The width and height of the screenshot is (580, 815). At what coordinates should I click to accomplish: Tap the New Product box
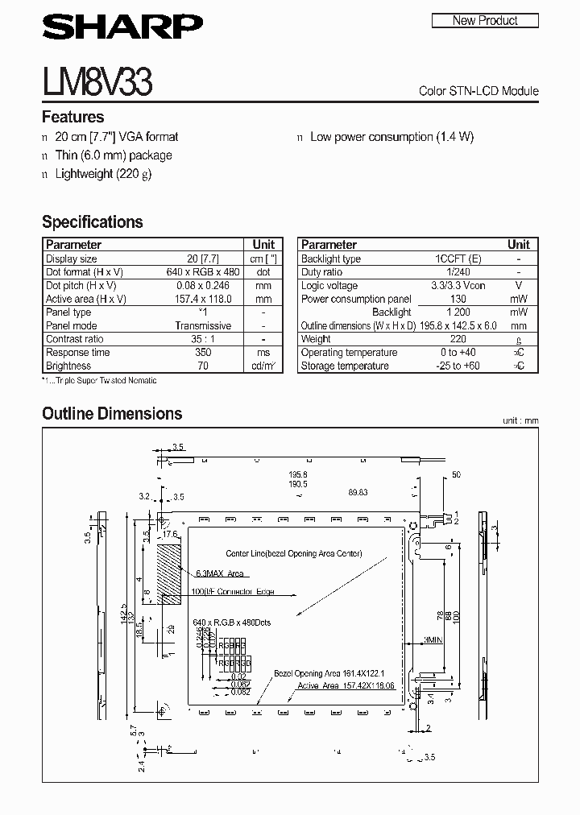tap(485, 20)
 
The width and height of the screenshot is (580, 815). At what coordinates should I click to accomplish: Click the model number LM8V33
tap(97, 81)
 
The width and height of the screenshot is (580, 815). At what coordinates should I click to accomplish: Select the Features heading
tap(72, 117)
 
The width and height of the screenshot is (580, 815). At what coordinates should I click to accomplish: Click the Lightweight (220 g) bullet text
tap(103, 174)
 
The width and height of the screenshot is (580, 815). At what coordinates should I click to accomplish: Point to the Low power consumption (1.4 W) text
tap(391, 137)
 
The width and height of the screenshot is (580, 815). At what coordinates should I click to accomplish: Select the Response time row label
tap(77, 353)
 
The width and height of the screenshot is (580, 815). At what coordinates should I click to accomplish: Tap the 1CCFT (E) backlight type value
tap(458, 259)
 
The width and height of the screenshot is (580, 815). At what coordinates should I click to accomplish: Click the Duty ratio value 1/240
tap(458, 272)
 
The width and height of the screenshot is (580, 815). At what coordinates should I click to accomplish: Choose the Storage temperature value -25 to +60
tap(458, 366)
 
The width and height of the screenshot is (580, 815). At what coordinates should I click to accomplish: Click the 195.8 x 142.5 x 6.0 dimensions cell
tap(458, 325)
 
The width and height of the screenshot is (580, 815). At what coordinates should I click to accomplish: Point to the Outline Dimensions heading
tap(112, 414)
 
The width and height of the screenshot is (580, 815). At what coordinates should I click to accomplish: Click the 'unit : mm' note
tap(520, 420)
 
